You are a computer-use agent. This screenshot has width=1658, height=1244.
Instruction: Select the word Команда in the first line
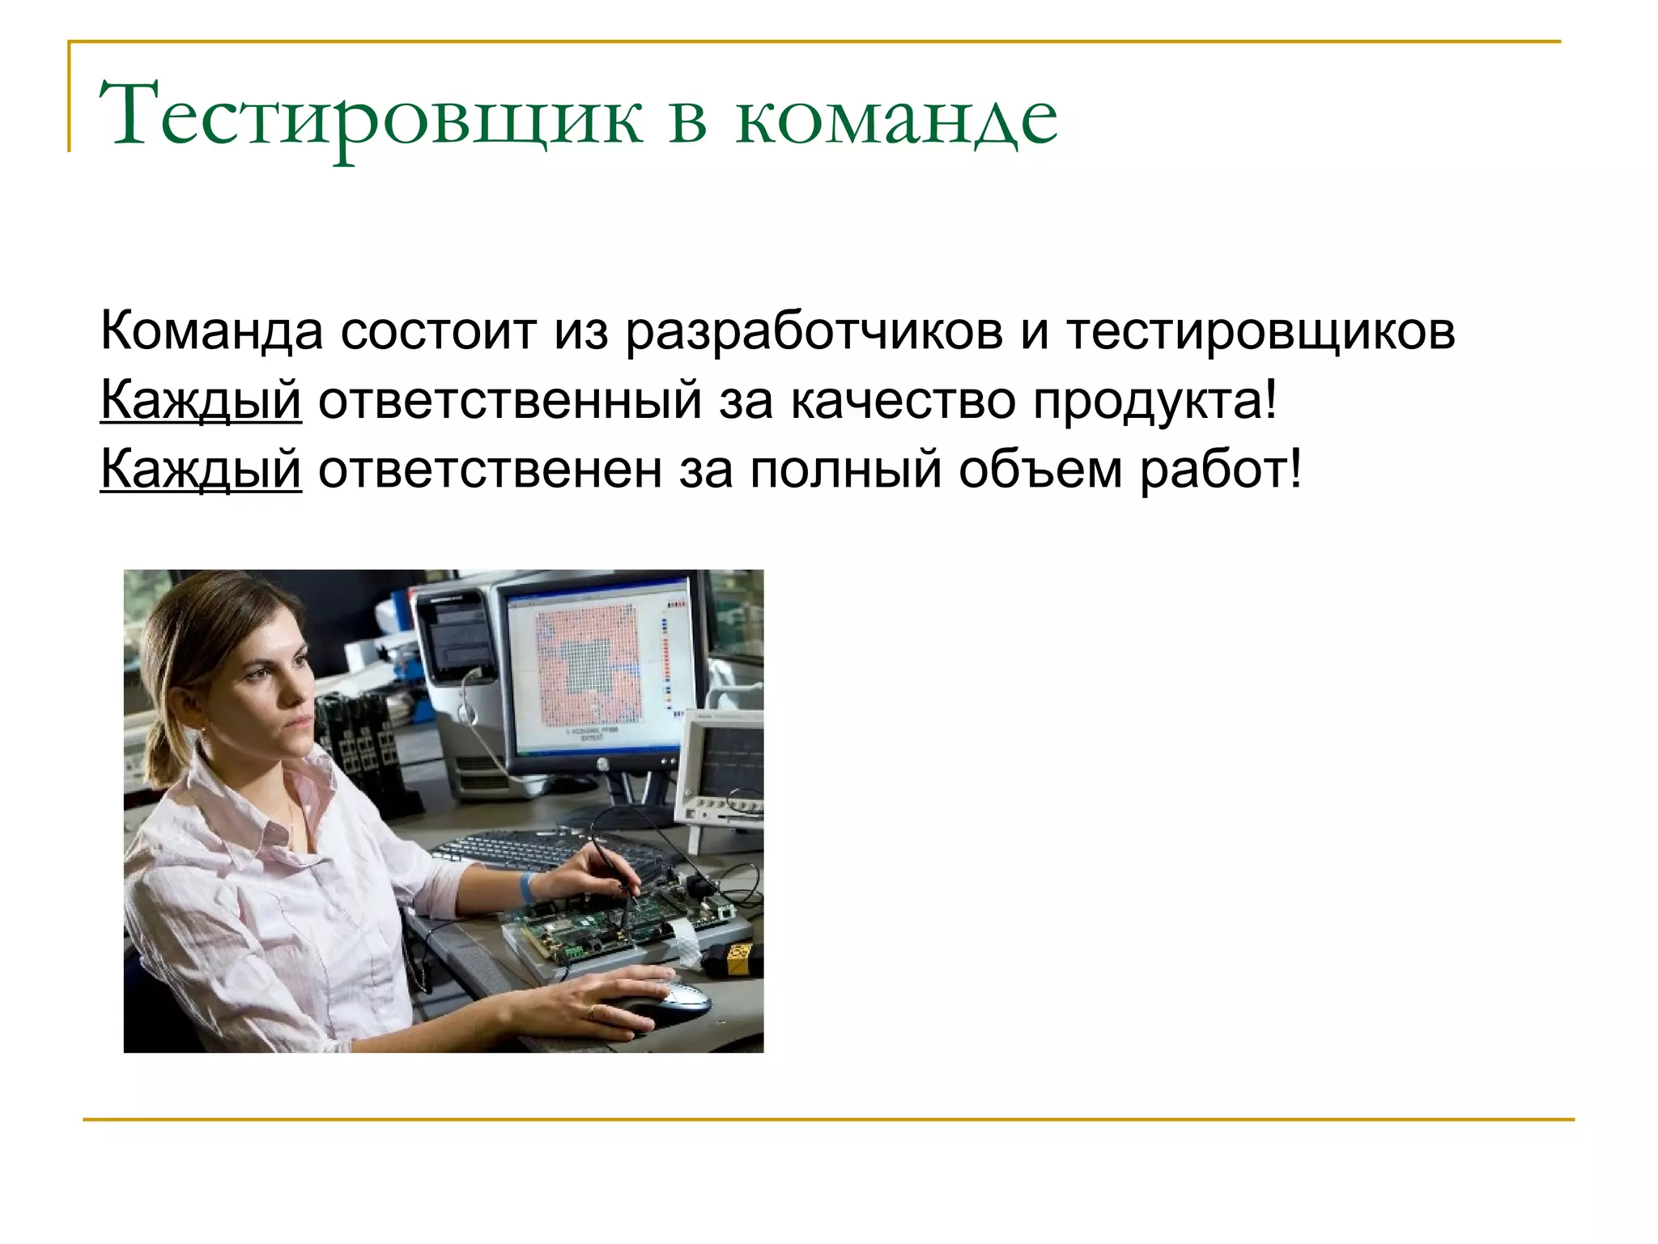coord(211,331)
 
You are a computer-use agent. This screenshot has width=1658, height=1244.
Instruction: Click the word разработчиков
coord(814,333)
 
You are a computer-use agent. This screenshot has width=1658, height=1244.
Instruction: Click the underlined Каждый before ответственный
coord(201,400)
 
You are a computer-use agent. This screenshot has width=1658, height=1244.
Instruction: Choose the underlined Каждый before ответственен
coord(201,470)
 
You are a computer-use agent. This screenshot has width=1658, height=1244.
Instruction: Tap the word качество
coord(902,400)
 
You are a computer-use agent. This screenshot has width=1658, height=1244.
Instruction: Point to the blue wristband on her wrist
coord(528,886)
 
